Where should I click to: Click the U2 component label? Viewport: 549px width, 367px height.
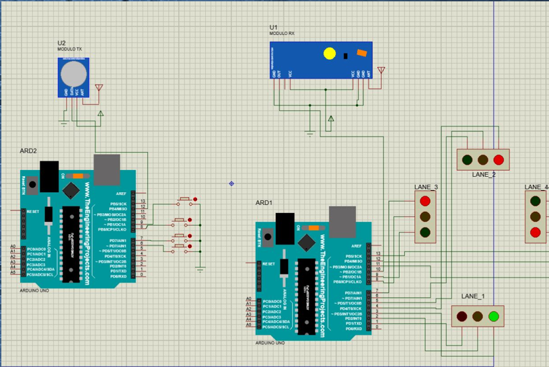coord(61,43)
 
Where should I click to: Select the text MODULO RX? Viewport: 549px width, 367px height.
coord(283,33)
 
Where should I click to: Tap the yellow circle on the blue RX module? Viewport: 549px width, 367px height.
coord(329,53)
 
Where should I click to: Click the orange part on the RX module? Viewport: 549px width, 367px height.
coord(362,53)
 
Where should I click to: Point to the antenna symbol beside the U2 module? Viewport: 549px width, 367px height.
coord(100,87)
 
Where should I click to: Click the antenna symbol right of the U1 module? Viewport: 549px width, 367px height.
coord(381,70)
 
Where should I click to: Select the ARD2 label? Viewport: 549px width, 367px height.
coord(28,151)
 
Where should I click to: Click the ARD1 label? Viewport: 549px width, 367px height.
coord(264,202)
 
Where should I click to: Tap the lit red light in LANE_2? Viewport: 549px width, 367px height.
coord(499,160)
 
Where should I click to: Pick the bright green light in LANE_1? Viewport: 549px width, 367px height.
coord(495,316)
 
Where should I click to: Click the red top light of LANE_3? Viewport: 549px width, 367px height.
coord(425,201)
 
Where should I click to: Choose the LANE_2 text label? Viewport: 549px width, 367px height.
coord(483,175)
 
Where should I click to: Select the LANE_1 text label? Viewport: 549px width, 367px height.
coord(472,296)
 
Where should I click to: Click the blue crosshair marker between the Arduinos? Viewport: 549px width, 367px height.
coord(231,183)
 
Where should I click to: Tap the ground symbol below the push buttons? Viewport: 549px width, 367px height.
coord(200,270)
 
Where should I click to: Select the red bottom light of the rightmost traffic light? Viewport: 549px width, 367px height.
coord(536,233)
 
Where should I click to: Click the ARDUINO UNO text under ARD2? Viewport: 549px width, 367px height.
coord(34,290)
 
